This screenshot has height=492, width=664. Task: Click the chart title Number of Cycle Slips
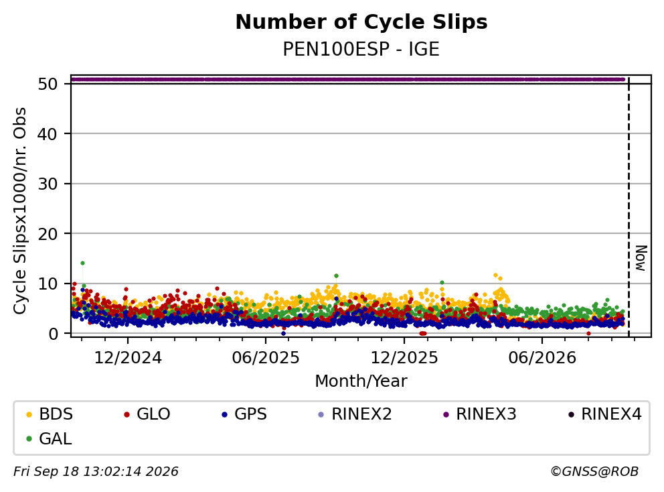[361, 22]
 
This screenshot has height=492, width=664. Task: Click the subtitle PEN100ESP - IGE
[361, 50]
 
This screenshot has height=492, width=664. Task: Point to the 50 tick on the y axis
[48, 84]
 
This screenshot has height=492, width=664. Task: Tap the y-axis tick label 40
[48, 134]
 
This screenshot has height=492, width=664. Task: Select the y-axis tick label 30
[48, 184]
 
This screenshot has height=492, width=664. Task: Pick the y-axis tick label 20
[48, 234]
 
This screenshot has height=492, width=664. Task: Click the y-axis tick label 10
[48, 284]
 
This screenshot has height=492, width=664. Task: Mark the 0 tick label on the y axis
[53, 334]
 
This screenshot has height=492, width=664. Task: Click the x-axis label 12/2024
[128, 358]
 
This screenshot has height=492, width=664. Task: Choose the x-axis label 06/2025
[266, 358]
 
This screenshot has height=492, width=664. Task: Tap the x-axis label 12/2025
[404, 358]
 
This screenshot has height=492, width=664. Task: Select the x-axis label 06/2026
[542, 358]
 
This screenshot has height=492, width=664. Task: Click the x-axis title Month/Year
[361, 381]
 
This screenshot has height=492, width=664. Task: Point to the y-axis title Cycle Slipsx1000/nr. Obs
[19, 210]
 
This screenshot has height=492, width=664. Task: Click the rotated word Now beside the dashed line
[641, 258]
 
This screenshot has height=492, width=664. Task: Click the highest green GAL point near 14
[82, 263]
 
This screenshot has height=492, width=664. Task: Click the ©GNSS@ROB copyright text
[594, 472]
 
